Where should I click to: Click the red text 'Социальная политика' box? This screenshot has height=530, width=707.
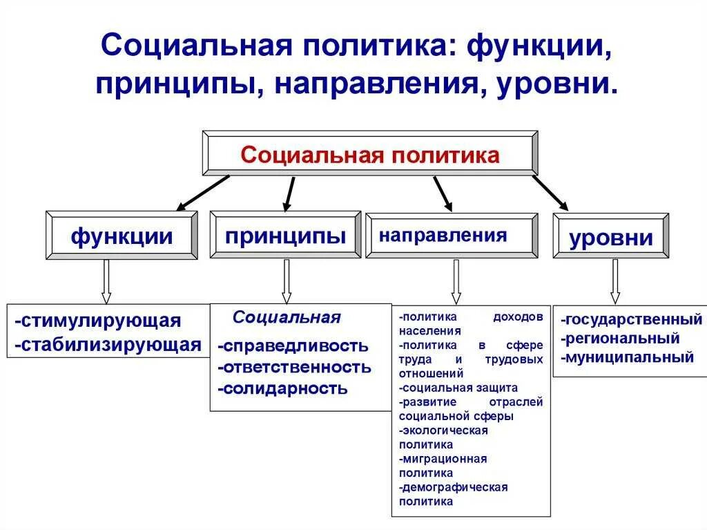coord(369,154)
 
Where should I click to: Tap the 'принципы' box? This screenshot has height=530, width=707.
coord(284,235)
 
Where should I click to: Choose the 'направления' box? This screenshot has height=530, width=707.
coord(452,236)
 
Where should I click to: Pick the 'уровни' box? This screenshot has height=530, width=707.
coord(610,237)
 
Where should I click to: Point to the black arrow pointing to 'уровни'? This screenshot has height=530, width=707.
coord(550,193)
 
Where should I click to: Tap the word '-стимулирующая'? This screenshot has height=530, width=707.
coord(97,321)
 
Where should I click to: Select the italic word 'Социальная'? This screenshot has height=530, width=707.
coord(287,318)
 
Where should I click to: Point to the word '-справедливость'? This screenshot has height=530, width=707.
coord(293,346)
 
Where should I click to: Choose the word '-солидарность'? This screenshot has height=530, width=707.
coord(282,388)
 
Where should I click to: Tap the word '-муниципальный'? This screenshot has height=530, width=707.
coord(627,357)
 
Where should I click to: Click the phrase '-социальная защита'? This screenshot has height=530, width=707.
coord(458,388)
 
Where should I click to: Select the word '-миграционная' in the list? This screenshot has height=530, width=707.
coord(443,459)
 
